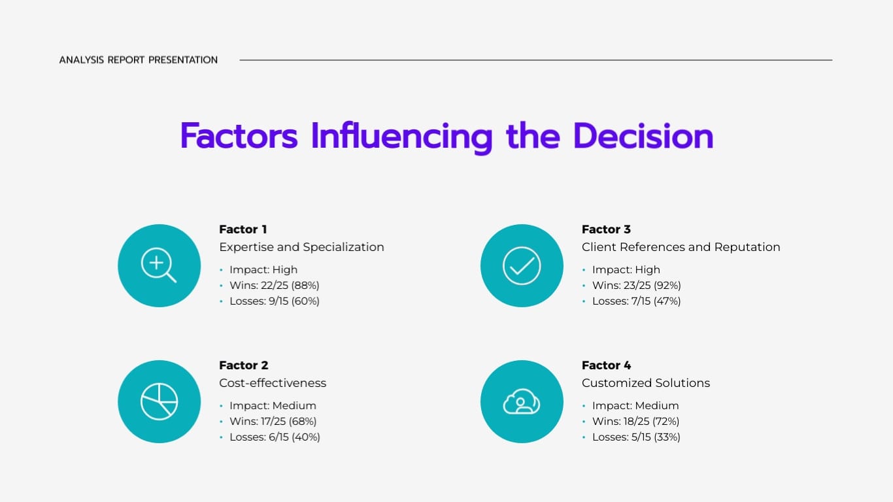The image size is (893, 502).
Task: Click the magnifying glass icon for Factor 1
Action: (159, 265)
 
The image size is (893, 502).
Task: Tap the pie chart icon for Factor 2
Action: (159, 401)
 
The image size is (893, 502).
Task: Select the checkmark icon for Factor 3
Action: (522, 265)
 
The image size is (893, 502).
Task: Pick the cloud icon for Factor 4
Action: (522, 401)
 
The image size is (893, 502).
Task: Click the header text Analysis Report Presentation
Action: (139, 60)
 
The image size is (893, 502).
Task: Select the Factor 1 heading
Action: (243, 229)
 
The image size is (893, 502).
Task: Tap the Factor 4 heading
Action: (606, 365)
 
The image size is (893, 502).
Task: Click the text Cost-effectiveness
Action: (273, 383)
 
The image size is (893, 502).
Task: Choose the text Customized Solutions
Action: (645, 383)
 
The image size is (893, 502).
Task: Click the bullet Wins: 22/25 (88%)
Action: (274, 286)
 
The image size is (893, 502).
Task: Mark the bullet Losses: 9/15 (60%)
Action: (274, 301)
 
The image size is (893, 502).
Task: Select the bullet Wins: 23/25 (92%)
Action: (636, 286)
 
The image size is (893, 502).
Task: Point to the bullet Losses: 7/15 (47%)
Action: (636, 301)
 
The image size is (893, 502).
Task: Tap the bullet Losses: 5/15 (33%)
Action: (636, 437)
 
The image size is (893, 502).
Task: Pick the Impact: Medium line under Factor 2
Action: (273, 406)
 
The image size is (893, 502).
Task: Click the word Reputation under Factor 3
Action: (747, 247)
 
